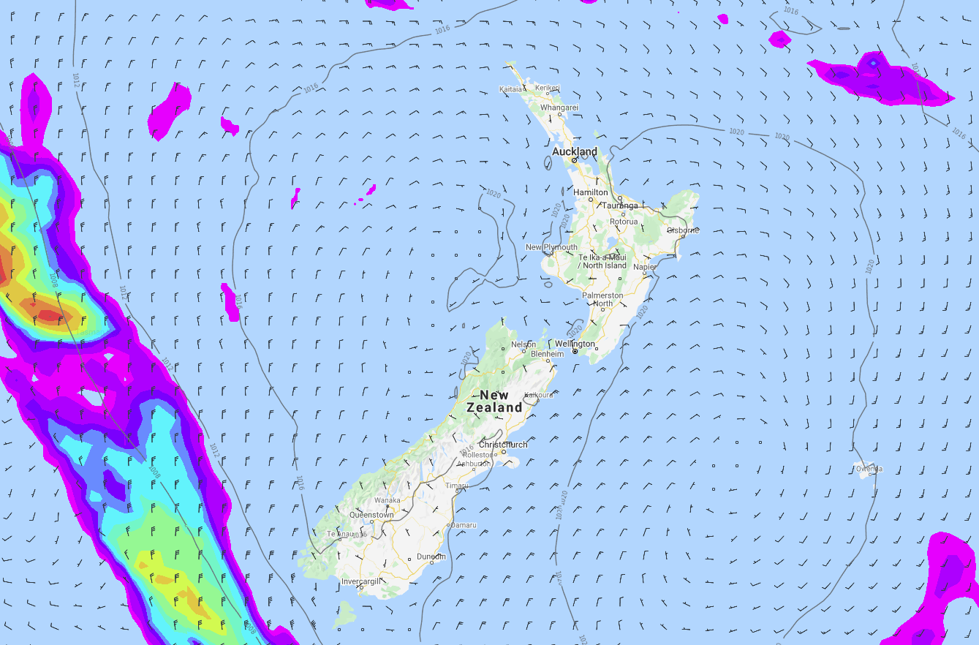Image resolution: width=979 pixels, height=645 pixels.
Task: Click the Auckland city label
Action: point(574,151)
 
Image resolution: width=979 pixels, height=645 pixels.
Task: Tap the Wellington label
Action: point(575,344)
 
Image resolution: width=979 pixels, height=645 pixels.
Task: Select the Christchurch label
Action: point(503,445)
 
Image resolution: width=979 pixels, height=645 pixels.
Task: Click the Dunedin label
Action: point(431,557)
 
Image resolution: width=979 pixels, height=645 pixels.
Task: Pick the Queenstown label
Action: point(371,515)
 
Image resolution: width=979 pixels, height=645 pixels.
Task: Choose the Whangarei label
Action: point(559,107)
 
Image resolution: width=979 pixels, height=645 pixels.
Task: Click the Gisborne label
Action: point(683,230)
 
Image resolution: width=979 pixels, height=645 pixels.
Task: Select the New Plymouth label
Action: point(551,247)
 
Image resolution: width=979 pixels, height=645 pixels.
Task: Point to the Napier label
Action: point(644,267)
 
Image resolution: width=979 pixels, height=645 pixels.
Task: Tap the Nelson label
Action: point(523,344)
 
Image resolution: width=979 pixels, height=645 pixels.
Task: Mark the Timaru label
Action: point(458,486)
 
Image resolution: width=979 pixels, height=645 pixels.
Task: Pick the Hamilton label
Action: point(591,192)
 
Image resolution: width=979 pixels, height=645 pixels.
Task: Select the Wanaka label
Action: point(387,500)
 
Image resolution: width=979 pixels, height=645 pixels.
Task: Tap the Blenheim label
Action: point(546,354)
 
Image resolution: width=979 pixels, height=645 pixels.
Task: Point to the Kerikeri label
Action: point(547,88)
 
